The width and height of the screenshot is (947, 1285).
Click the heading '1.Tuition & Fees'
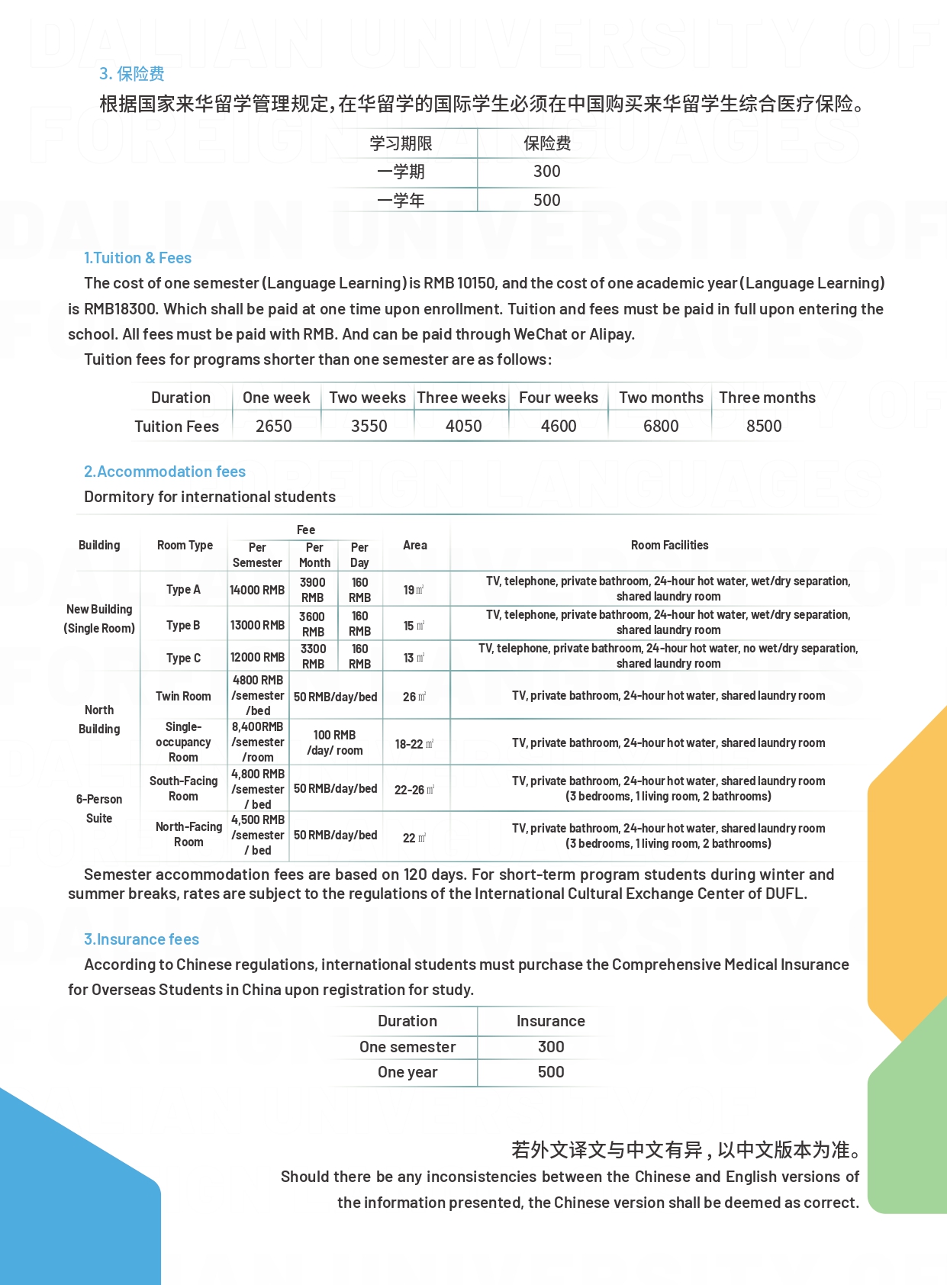click(137, 258)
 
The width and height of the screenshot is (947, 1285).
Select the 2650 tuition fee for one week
click(273, 426)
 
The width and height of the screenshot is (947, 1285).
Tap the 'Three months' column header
click(766, 398)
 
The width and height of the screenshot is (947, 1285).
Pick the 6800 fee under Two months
click(660, 426)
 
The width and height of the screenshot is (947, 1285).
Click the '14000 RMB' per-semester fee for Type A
click(257, 590)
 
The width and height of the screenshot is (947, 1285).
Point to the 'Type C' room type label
click(183, 658)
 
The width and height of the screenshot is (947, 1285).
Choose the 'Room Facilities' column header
click(669, 545)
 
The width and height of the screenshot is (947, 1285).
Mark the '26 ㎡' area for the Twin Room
click(414, 697)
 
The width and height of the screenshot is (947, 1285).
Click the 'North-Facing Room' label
click(188, 834)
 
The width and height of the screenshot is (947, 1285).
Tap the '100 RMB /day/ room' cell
click(334, 742)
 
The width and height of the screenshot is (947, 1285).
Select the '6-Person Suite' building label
click(99, 808)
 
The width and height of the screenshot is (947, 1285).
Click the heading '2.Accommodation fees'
click(165, 472)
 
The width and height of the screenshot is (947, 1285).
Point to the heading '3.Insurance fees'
click(141, 939)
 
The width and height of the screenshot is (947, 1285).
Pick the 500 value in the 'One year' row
click(550, 1072)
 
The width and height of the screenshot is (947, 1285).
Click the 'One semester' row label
click(407, 1047)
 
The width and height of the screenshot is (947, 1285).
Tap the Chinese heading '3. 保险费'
click(131, 73)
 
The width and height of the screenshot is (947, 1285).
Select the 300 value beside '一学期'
click(546, 172)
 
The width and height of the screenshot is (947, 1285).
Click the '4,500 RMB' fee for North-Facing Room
click(258, 820)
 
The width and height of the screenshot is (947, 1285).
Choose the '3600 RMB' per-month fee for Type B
click(312, 623)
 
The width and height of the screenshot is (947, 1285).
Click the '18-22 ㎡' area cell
click(414, 744)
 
